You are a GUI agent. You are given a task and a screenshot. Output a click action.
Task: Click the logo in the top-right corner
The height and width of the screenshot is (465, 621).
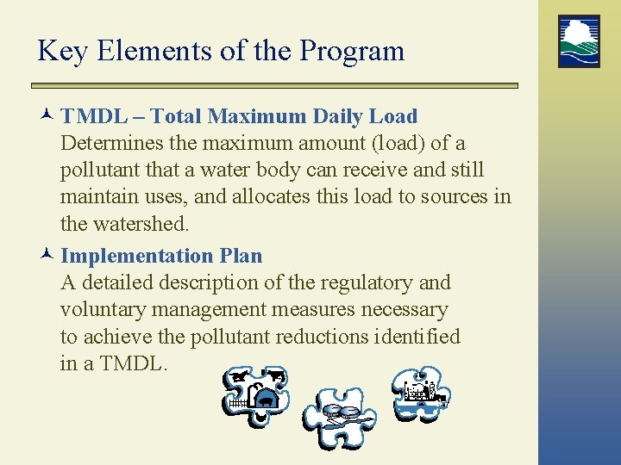coord(579,41)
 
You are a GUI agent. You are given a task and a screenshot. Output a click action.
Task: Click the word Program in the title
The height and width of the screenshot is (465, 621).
coord(352,51)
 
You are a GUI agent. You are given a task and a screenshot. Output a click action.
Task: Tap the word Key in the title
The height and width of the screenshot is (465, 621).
coord(63,51)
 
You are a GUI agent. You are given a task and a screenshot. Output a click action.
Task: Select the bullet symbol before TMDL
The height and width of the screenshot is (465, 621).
coord(48,117)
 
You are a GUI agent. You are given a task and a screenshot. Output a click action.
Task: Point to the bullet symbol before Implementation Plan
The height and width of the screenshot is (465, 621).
coord(48,257)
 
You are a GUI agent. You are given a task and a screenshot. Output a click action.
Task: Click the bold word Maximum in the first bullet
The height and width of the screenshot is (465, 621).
coord(256,116)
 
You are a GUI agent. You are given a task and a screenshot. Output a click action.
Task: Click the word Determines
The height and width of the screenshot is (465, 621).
coord(110,143)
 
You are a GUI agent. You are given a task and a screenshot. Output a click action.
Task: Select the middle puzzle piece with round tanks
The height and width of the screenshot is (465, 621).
coord(339,416)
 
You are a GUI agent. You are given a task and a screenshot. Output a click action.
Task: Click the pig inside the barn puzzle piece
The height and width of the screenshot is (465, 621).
coord(267,400)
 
